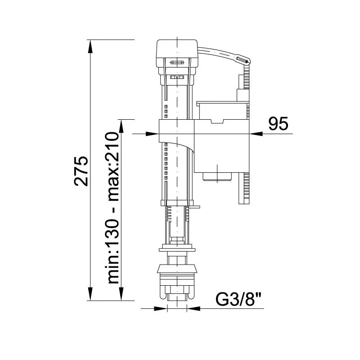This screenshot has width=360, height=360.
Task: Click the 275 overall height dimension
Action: [81, 171]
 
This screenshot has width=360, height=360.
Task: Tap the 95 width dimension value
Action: [278, 124]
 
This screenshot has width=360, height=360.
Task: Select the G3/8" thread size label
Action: [239, 299]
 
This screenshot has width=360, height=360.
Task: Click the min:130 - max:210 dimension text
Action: [112, 208]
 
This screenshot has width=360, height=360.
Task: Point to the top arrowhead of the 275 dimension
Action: [91, 47]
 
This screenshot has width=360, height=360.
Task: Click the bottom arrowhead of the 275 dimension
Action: [91, 293]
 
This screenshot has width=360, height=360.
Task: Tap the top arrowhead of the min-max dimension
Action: [121, 126]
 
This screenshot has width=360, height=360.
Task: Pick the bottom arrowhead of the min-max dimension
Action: [121, 293]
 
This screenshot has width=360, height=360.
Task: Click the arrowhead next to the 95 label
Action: [256, 134]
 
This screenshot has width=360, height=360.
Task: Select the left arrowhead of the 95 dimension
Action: [152, 134]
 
